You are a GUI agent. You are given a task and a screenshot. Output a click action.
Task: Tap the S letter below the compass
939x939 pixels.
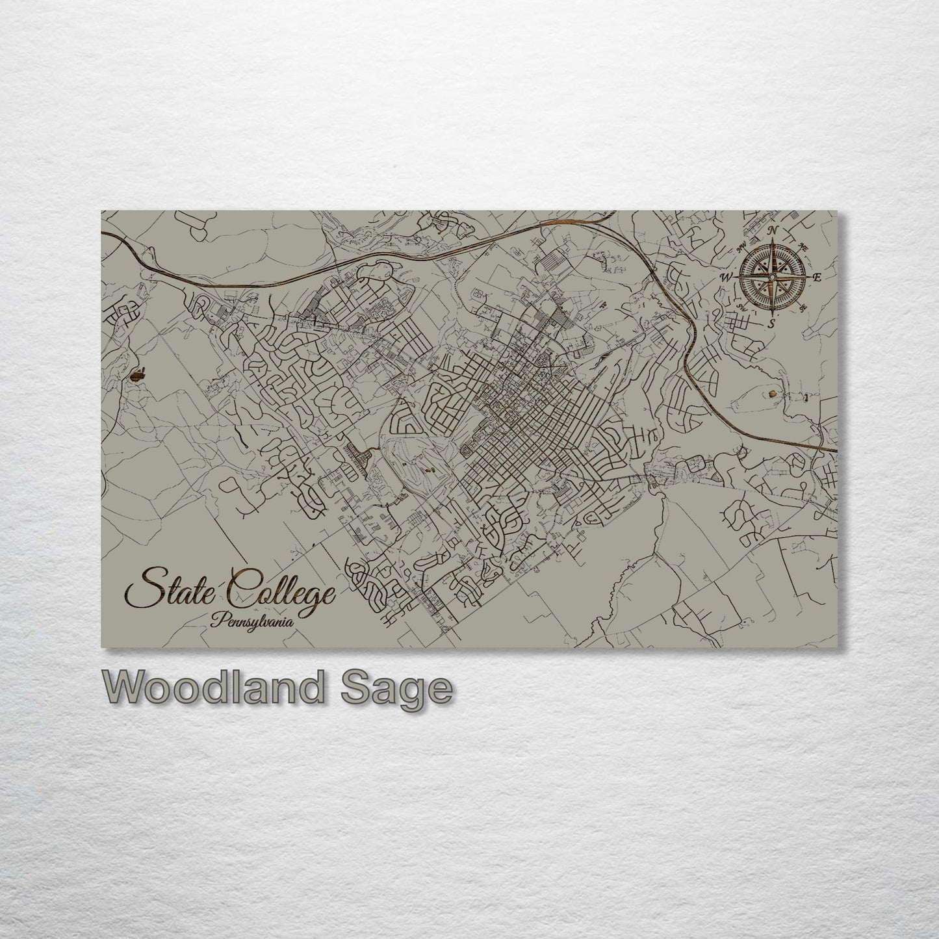771,323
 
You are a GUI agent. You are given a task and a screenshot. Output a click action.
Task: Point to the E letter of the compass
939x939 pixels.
817,277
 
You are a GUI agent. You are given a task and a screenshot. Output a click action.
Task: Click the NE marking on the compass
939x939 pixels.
803,247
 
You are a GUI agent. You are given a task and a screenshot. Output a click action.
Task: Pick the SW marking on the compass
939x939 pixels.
741,308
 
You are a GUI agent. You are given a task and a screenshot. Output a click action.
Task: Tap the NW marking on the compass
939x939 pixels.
742,247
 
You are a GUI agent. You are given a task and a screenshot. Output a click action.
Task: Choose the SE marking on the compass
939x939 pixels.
803,308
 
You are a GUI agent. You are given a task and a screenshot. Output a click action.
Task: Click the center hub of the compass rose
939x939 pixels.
772,277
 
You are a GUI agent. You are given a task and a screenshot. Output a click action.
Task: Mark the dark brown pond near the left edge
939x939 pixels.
138,374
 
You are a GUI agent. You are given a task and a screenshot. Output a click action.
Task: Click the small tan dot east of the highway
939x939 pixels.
771,392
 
